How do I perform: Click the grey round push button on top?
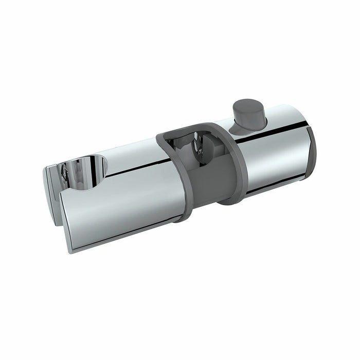[249, 113]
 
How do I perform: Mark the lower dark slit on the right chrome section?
[278, 183]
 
